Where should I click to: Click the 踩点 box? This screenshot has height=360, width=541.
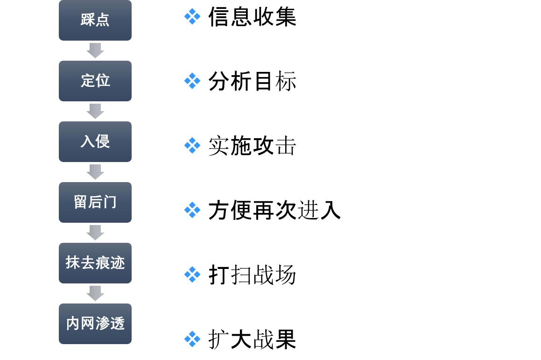tap(95, 20)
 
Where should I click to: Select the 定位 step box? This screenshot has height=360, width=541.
tap(95, 81)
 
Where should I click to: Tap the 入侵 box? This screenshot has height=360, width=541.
tap(95, 141)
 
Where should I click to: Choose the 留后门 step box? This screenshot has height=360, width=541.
tap(95, 202)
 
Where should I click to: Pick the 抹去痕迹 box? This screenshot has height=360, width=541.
tap(95, 263)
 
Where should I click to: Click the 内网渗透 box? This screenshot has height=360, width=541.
tap(95, 324)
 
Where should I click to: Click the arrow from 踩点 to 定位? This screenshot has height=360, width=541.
tap(95, 50)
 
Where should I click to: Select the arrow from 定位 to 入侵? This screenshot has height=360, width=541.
tap(95, 111)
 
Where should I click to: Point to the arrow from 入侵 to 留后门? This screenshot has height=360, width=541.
tap(95, 172)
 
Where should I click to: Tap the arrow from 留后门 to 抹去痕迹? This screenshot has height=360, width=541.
tap(95, 233)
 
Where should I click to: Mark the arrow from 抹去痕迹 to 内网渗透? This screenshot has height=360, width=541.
tap(95, 293)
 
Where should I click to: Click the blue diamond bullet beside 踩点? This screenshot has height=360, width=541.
tap(192, 16)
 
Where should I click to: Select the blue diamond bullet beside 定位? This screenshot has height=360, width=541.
tap(192, 81)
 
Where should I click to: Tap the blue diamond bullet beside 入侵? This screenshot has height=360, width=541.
tap(192, 145)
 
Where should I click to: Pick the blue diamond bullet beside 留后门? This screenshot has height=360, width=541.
tap(192, 210)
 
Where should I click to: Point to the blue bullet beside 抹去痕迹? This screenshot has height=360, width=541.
tap(192, 274)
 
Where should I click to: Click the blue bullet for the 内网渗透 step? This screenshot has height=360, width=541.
tap(192, 339)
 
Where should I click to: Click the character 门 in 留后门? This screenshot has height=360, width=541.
tap(110, 202)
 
